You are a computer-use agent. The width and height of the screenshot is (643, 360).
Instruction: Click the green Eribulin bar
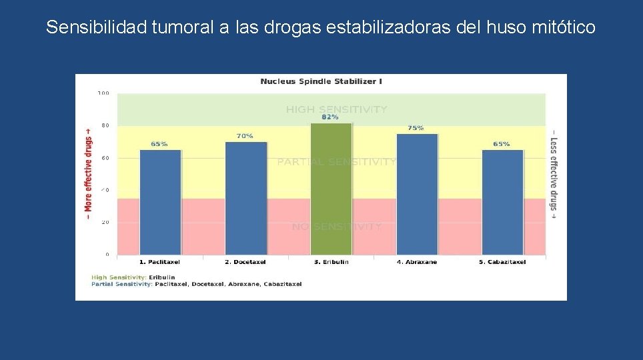tap(331, 189)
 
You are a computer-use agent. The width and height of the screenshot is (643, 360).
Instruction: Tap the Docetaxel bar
tap(245, 198)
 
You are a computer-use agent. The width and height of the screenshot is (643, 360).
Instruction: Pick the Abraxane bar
tap(417, 194)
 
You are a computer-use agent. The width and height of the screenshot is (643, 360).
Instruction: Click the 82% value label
tap(330, 117)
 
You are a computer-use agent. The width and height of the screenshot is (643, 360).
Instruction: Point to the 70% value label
tap(245, 136)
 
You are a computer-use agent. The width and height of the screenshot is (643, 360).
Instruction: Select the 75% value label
tap(416, 128)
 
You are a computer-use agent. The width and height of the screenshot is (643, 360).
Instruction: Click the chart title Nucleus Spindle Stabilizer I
tap(321, 81)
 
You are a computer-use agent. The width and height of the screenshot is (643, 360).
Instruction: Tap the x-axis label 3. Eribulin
tap(331, 262)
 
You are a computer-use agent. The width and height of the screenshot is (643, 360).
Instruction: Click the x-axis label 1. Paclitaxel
tap(159, 262)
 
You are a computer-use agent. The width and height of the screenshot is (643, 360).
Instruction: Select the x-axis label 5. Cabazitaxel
tap(502, 262)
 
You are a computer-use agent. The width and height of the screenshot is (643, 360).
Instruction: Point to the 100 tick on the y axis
tap(103, 93)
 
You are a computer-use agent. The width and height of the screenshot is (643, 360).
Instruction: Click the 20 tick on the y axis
tap(105, 223)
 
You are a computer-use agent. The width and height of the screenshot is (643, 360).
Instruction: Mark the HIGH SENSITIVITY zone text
tap(336, 109)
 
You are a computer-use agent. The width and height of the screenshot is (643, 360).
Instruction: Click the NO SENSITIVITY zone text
tap(336, 227)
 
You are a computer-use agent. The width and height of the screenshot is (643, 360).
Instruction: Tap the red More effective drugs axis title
tap(88, 170)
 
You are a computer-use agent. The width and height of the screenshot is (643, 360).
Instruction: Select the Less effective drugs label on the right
tap(553, 170)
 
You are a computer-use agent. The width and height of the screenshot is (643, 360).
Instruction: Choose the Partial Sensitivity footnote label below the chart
tap(122, 284)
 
